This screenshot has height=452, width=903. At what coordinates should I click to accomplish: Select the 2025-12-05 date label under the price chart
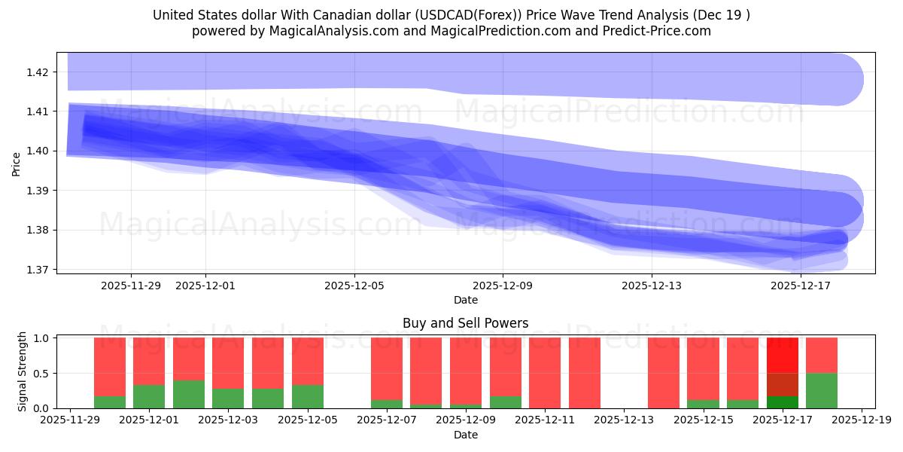click(354, 286)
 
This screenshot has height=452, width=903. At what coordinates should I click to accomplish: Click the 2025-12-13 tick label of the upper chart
click(652, 286)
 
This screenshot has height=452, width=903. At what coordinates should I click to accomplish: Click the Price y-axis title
click(16, 164)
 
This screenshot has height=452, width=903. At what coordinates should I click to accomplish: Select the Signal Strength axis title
click(23, 371)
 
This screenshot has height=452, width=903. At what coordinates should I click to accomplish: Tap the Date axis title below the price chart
click(465, 300)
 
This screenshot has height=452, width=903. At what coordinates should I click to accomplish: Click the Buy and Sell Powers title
click(465, 323)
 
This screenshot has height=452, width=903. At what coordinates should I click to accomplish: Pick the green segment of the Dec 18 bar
click(822, 390)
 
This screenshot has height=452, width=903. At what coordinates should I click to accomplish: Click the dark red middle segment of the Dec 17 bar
click(783, 384)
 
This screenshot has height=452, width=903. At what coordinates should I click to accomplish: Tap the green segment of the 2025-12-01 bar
click(149, 397)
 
